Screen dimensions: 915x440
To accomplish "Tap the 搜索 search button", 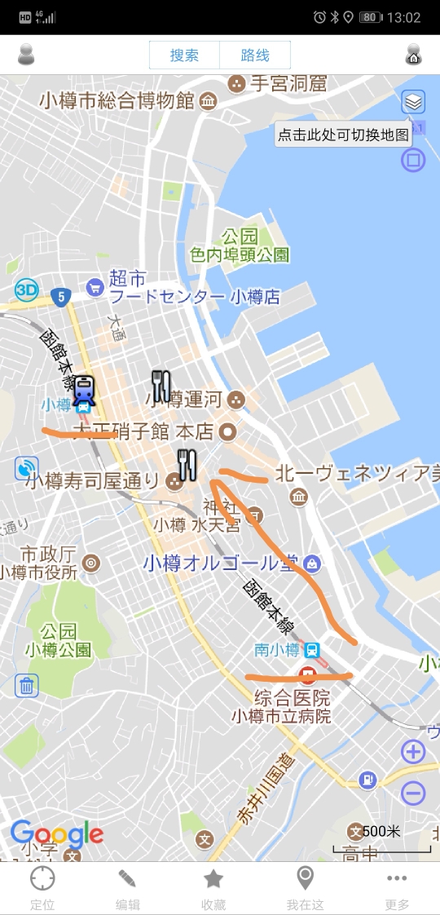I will [184, 55].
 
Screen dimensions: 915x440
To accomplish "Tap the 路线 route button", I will [255, 55].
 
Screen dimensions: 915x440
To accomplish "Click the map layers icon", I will [413, 102].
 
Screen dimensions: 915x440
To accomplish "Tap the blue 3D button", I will [27, 290].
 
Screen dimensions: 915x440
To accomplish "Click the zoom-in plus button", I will [413, 751].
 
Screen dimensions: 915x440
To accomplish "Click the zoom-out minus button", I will [413, 793].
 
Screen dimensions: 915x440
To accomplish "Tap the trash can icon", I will [27, 686].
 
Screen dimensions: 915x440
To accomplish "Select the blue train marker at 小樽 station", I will [84, 390].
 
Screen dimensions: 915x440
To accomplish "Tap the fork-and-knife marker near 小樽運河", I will [161, 386].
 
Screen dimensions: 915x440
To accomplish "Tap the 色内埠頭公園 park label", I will [240, 254].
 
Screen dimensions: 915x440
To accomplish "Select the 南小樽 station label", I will [277, 650].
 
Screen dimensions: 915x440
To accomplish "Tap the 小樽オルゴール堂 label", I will [222, 564].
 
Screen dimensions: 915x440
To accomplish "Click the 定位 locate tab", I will [42, 887].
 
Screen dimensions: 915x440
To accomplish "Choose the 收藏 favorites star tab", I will [213, 887].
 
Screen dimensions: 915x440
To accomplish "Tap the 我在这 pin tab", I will [305, 887].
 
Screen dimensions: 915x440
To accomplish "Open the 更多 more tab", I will [397, 887].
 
